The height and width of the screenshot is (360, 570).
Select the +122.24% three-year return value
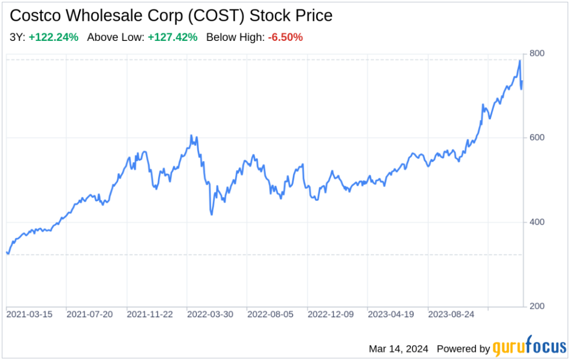53,37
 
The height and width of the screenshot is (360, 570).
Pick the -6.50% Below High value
285,37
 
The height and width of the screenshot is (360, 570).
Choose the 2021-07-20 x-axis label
90,315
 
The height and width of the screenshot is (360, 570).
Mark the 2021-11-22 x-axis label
150,315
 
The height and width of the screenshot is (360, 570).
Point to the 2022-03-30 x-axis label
210,315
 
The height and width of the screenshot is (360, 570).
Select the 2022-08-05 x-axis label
270,315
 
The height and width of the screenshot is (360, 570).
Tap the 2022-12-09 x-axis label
331,315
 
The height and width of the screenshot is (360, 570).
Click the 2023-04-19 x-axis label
391,315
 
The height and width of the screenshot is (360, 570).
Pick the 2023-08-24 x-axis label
451,315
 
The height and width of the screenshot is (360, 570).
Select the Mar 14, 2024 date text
399,349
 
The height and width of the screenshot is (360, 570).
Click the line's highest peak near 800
520,60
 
